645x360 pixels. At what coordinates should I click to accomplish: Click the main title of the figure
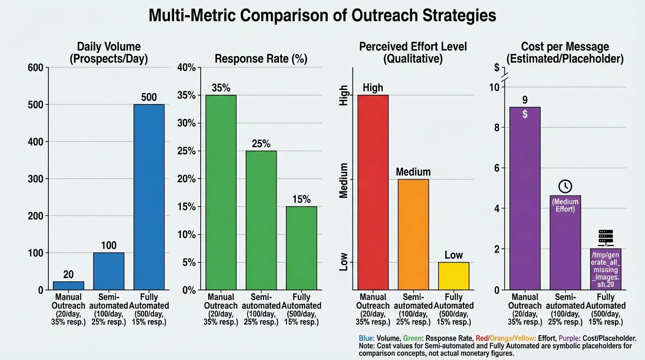(322, 15)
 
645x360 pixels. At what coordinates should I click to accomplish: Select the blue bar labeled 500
(149, 197)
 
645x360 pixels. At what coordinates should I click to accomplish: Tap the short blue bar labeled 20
(68, 285)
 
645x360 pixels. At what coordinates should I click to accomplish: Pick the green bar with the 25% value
(261, 220)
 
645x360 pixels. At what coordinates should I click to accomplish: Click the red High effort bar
(373, 192)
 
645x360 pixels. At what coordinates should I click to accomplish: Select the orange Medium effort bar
(413, 234)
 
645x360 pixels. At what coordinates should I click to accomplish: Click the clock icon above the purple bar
(565, 186)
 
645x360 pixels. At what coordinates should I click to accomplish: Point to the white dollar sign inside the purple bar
(525, 114)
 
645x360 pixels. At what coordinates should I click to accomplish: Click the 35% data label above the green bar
(221, 88)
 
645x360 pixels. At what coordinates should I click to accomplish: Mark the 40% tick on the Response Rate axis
(186, 67)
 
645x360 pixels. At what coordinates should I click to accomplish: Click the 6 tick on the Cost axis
(495, 168)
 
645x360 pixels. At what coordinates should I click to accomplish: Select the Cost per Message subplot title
(565, 52)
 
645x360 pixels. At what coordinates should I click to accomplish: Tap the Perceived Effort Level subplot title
(413, 52)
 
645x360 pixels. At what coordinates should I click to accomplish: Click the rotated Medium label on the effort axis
(344, 180)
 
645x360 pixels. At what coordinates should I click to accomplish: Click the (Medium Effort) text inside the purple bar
(565, 205)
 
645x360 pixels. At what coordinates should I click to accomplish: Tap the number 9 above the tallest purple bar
(525, 100)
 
